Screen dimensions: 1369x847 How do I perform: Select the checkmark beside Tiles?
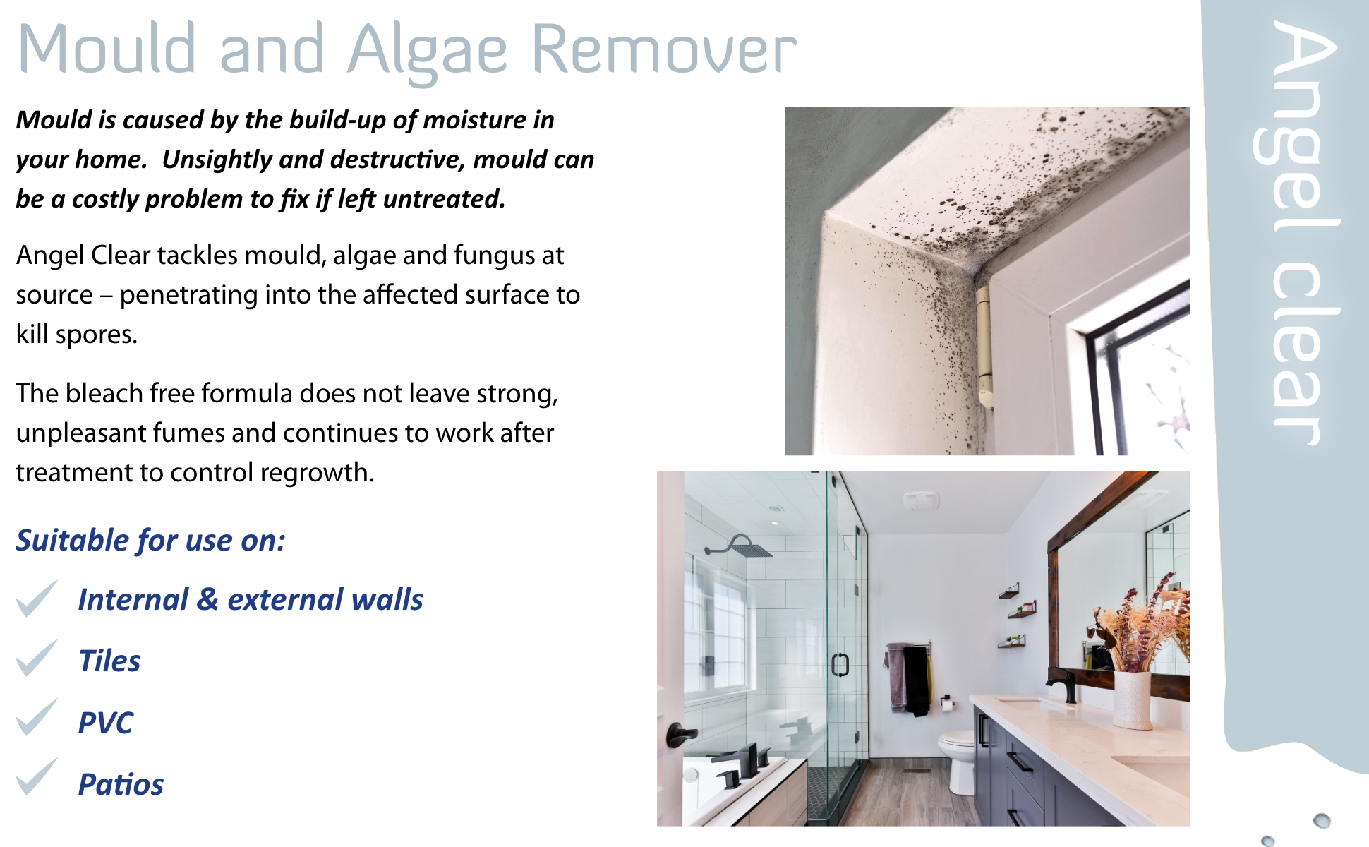coord(37,658)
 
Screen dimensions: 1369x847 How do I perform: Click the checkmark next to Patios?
coord(37,776)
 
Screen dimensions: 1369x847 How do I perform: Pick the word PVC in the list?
coord(105,723)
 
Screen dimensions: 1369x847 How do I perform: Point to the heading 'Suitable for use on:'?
coord(150,541)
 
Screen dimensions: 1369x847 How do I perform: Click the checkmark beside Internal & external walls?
coord(37,599)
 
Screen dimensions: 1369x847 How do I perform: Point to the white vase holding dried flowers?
coord(1133,699)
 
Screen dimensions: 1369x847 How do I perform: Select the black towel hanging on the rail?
coord(917,680)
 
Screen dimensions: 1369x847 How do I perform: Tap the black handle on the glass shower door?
coord(840,665)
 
